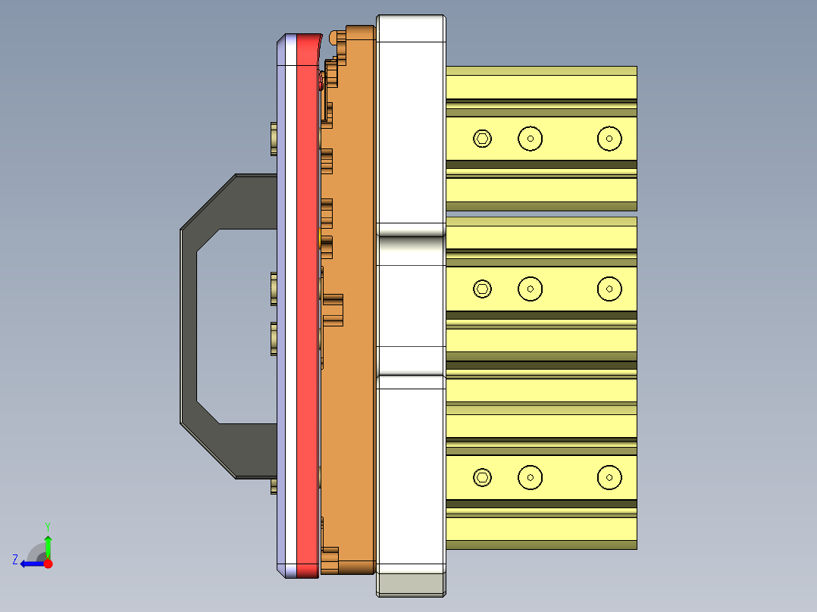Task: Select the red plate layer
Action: tap(306, 303)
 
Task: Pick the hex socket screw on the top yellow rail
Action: tap(482, 139)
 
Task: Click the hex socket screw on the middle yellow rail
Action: tap(482, 289)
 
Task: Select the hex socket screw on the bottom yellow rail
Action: tap(482, 477)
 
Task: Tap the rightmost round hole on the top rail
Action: tap(609, 139)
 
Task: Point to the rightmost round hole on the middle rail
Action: tap(609, 289)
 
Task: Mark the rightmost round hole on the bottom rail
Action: tap(609, 477)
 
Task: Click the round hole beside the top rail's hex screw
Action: tap(531, 139)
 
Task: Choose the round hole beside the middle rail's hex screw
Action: tap(531, 289)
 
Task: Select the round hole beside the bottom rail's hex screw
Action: tap(531, 477)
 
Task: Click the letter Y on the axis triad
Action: tap(48, 526)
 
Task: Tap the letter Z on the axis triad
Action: tap(15, 560)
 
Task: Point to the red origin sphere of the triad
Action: tap(48, 564)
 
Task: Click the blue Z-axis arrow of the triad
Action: tap(30, 564)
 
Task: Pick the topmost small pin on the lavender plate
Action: tap(274, 139)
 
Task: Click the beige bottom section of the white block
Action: tap(411, 584)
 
